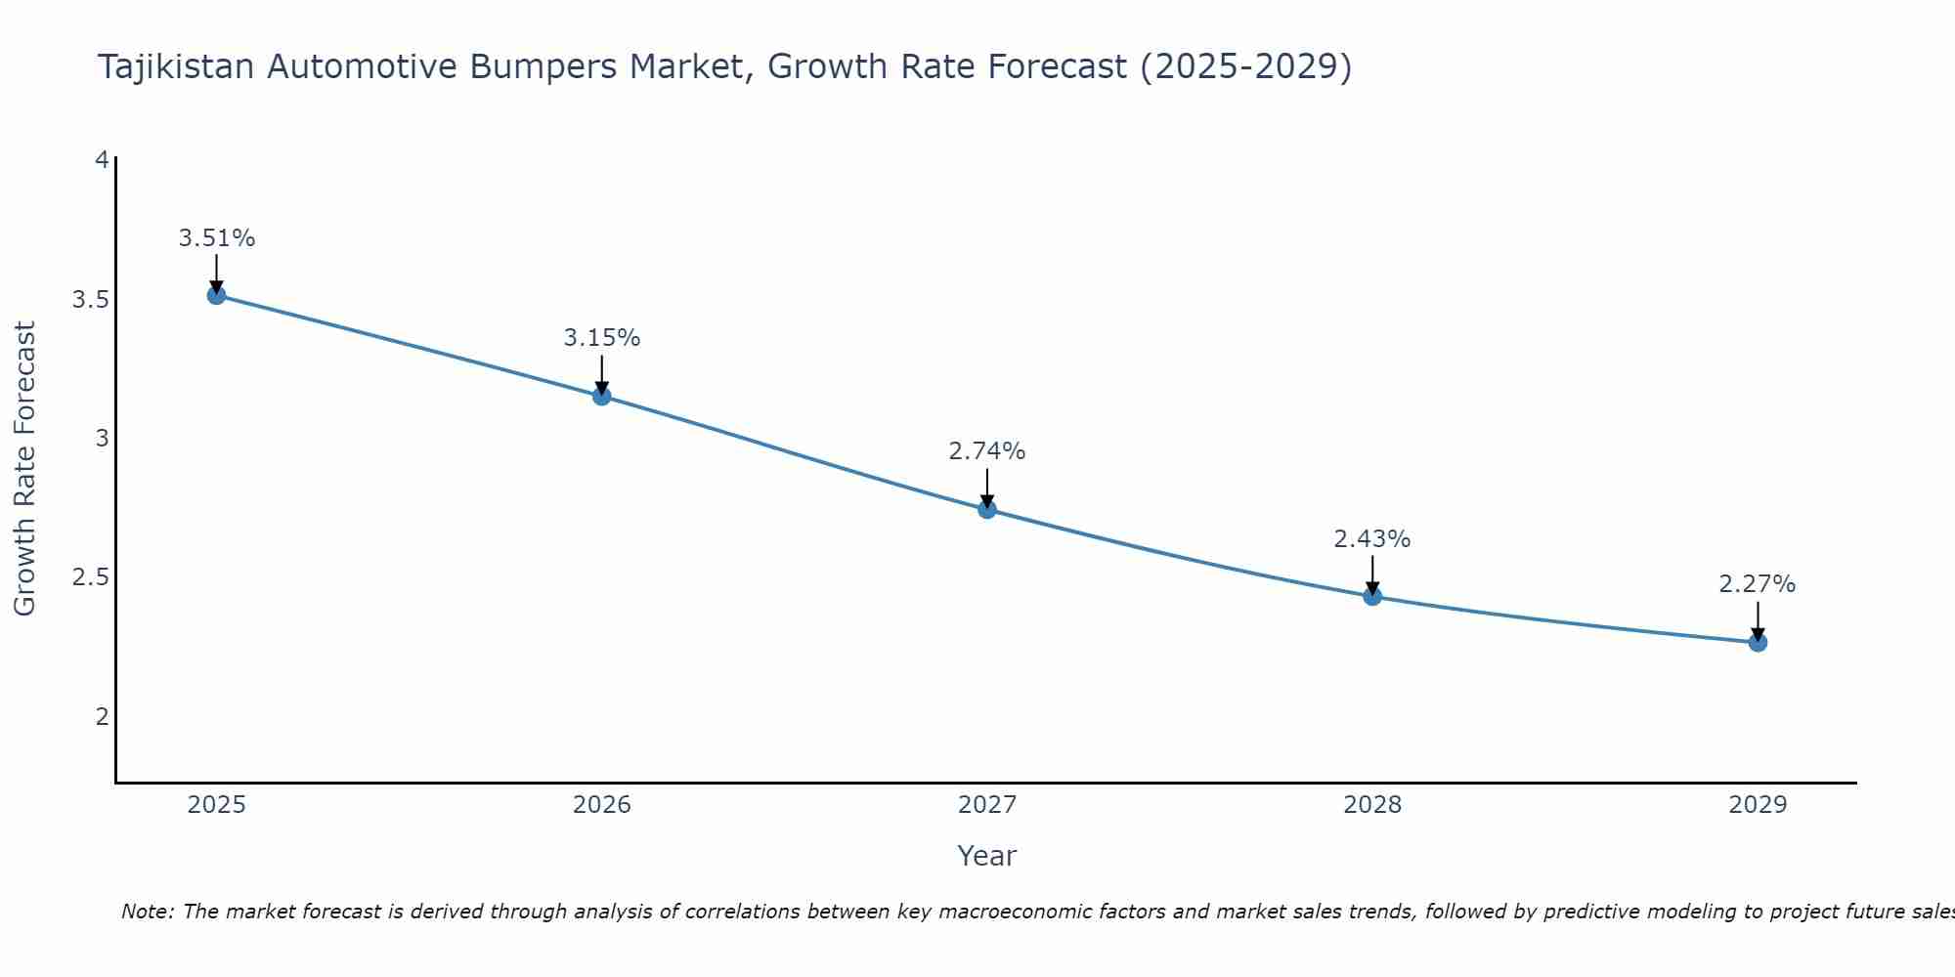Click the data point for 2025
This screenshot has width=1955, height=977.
[216, 295]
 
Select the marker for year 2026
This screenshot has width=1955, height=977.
[601, 396]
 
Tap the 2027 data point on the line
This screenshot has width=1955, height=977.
[986, 509]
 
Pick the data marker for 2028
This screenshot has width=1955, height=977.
[1371, 596]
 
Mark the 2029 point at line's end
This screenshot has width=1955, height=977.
[1757, 642]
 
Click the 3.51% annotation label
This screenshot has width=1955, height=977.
[216, 238]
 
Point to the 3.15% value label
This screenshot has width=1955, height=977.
[601, 338]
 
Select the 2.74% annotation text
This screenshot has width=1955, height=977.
[986, 451]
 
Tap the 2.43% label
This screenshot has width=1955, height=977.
[1371, 539]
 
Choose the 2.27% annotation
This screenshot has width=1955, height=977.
[1757, 584]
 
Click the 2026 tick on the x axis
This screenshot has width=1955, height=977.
[601, 805]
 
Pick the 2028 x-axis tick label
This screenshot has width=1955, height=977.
[1371, 805]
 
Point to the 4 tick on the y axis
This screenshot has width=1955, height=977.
[102, 159]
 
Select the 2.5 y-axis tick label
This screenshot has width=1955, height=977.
[90, 577]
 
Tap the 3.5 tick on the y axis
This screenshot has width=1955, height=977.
[90, 299]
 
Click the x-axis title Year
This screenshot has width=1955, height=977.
[986, 856]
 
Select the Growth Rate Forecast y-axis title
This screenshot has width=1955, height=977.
[24, 469]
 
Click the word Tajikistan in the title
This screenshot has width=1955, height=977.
[176, 67]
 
